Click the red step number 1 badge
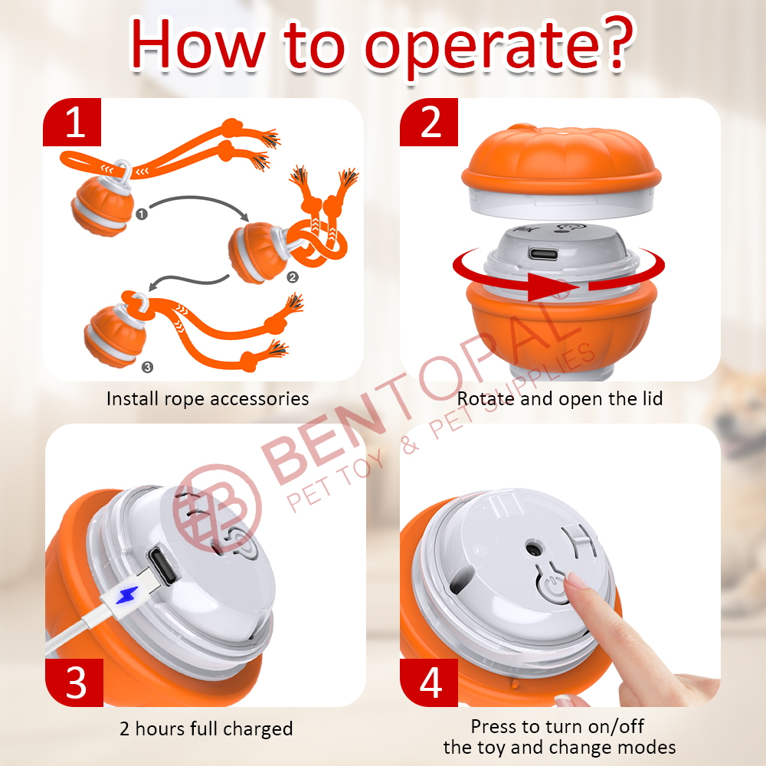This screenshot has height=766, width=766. [72, 122]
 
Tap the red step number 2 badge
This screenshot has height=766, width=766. [429, 122]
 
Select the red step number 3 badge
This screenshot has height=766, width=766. [74, 683]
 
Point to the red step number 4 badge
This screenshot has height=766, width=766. [429, 683]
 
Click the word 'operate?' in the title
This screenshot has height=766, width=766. [499, 47]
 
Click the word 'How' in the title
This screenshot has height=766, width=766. [198, 44]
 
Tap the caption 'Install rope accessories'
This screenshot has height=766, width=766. [208, 398]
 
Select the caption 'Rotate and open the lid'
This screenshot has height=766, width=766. [560, 398]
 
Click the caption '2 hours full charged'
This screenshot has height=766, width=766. [206, 729]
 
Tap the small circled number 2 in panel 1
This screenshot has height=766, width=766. [292, 277]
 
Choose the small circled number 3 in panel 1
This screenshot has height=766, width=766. [147, 367]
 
